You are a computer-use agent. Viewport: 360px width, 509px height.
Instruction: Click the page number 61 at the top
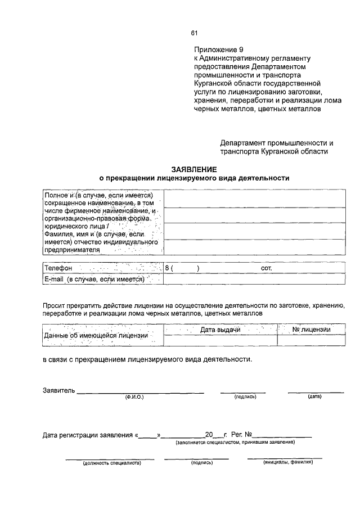click(x=194, y=32)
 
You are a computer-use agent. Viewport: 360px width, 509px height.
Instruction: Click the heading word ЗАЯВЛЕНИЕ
click(x=193, y=169)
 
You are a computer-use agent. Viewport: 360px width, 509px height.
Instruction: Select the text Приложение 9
click(x=217, y=50)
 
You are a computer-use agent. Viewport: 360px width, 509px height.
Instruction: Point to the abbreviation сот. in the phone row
click(x=267, y=268)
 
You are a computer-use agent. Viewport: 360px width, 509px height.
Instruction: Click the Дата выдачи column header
click(x=220, y=330)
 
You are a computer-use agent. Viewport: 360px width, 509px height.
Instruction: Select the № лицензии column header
click(x=311, y=330)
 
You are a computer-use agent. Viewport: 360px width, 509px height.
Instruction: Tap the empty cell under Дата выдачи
click(x=220, y=340)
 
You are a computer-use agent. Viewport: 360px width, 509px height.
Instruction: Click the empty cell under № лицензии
click(x=311, y=340)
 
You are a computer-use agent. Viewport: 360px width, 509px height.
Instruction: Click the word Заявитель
click(x=58, y=390)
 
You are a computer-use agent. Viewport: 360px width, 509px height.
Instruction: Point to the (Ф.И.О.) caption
click(x=134, y=397)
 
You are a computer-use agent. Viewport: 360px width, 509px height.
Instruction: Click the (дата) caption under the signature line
click(x=314, y=397)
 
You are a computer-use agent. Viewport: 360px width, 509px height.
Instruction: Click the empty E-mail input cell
click(x=254, y=279)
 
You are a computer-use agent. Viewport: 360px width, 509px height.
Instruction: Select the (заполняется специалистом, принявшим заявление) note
click(x=235, y=442)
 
